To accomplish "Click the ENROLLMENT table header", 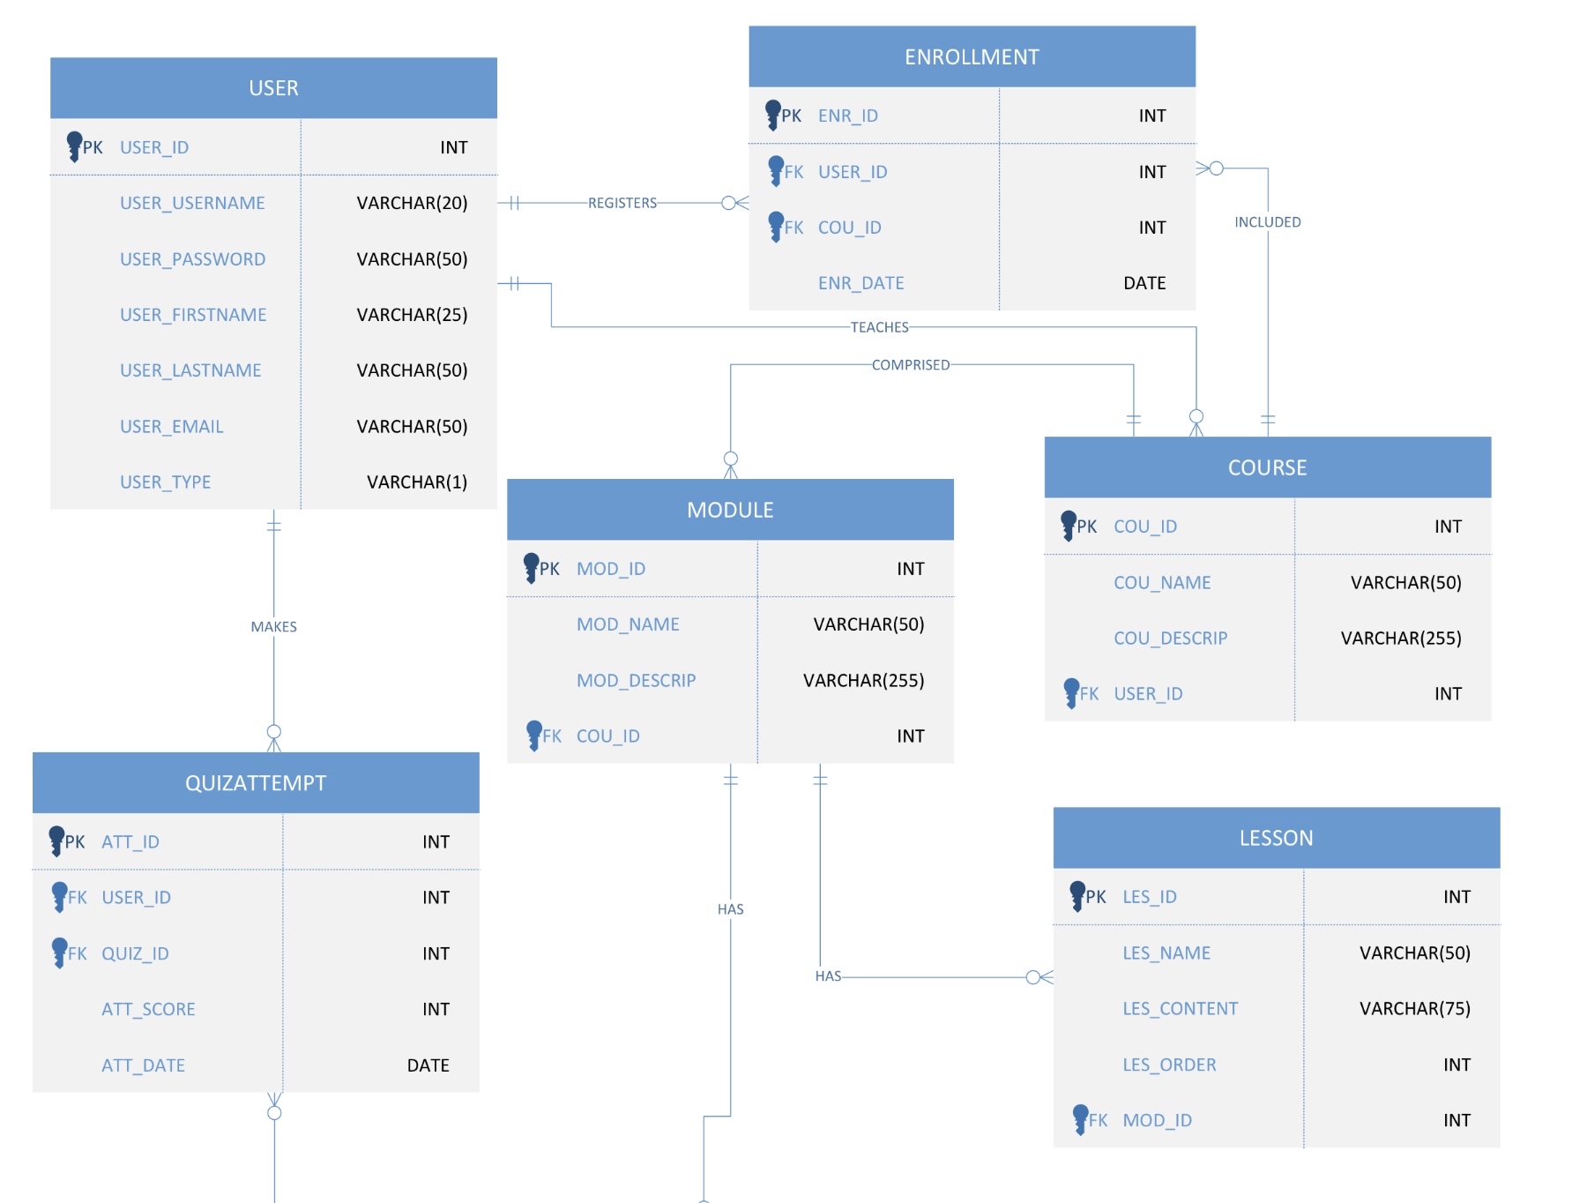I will [x=972, y=57].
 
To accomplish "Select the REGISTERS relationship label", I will [x=622, y=203].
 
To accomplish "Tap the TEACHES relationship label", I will [x=879, y=327].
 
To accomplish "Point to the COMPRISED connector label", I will [x=911, y=365].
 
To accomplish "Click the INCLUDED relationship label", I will [x=1267, y=222].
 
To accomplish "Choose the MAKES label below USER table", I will [x=273, y=627].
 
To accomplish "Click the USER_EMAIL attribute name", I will [x=172, y=427].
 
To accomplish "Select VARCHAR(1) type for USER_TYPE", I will [x=416, y=482].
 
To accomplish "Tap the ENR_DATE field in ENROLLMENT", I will [x=861, y=283].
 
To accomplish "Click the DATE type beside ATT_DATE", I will [x=428, y=1065].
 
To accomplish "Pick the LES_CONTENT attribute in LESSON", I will [x=1180, y=1009].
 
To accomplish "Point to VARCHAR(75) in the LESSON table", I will [x=1414, y=1009].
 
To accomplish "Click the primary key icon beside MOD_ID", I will [x=531, y=567].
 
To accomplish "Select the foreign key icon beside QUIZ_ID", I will [x=60, y=952].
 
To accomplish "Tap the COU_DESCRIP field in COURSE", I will [x=1170, y=639].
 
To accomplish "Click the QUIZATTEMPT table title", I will [x=256, y=783].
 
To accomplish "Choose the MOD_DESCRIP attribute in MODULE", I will [x=636, y=681].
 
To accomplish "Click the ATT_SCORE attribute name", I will [x=148, y=1010].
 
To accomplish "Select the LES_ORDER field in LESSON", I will [x=1169, y=1065].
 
